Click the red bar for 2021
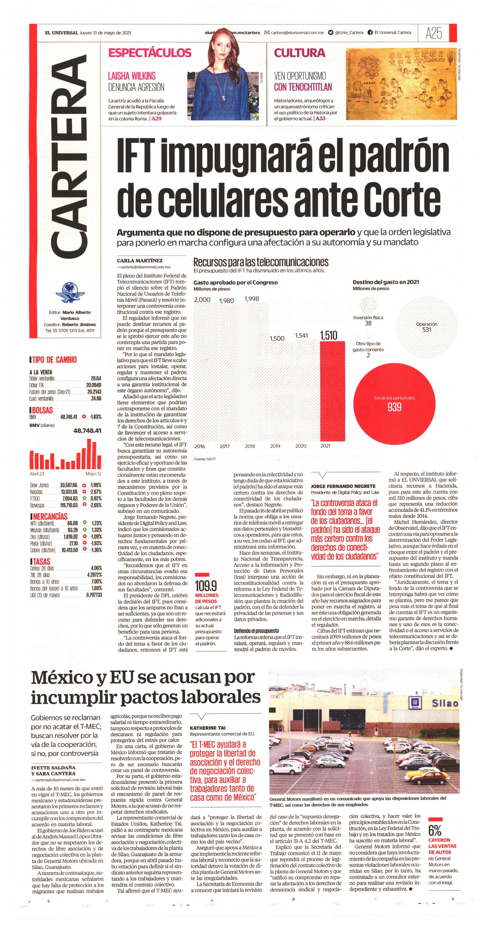pos(333,391)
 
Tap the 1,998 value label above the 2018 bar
pos(252,299)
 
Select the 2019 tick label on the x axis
pos(275,446)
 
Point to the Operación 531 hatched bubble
pos(426,327)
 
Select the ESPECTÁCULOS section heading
pos(150,53)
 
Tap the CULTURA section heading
pos(300,53)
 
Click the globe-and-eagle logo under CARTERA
pos(70,293)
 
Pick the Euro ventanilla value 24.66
pos(96,399)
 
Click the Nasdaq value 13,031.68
pos(69,492)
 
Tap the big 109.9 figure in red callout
pos(206,585)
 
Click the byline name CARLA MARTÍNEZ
pos(140,260)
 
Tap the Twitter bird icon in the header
pos(330,32)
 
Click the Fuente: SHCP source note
pos(205,459)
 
